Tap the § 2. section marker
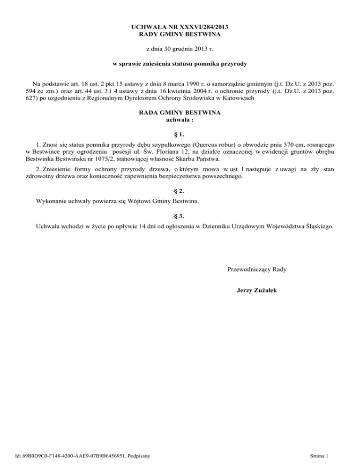click(180, 191)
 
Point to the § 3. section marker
click(180, 217)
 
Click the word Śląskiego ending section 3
click(319, 227)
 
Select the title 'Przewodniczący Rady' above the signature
click(257, 270)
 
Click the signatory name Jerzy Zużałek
click(257, 291)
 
